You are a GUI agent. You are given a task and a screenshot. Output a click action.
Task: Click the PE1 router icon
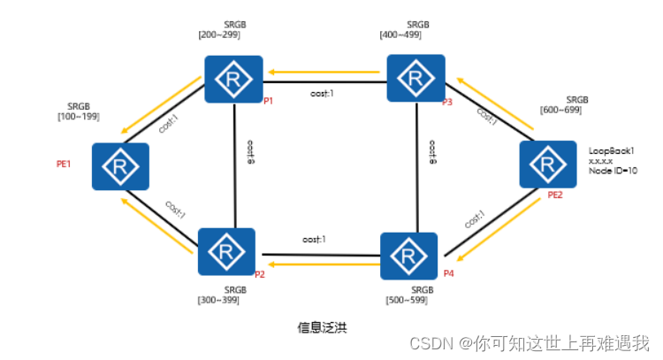pyautogui.click(x=120, y=166)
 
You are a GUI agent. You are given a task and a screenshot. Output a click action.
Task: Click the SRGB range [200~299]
pyautogui.click(x=219, y=34)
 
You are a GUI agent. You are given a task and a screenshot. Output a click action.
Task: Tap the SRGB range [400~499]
pyautogui.click(x=405, y=34)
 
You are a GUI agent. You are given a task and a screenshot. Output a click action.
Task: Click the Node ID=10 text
pyautogui.click(x=613, y=171)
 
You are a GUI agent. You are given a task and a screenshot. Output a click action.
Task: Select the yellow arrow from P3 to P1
pyautogui.click(x=324, y=71)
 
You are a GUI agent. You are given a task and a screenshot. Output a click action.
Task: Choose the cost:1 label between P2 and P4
pyautogui.click(x=315, y=240)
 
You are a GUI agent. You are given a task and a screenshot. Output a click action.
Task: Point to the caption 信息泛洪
pyautogui.click(x=323, y=327)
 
